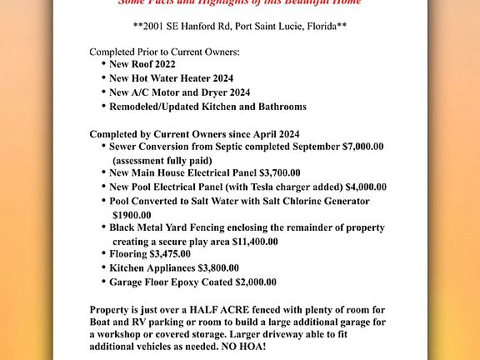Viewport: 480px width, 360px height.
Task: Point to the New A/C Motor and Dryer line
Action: pyautogui.click(x=179, y=92)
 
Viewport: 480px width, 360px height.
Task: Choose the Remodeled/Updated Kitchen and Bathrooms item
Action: pyautogui.click(x=207, y=107)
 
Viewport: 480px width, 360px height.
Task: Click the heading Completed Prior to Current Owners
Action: pyautogui.click(x=164, y=52)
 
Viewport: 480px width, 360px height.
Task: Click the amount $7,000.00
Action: pyautogui.click(x=362, y=147)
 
